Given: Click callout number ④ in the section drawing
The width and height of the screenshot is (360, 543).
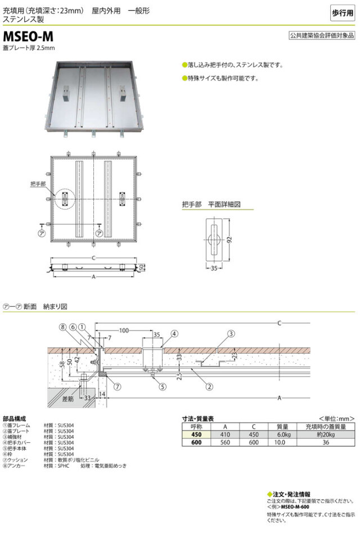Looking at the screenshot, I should pyautogui.click(x=174, y=333).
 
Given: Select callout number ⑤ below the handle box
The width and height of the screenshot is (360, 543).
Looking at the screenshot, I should pyautogui.click(x=161, y=386).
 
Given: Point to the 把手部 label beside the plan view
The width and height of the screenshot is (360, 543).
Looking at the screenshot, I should pyautogui.click(x=38, y=184).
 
